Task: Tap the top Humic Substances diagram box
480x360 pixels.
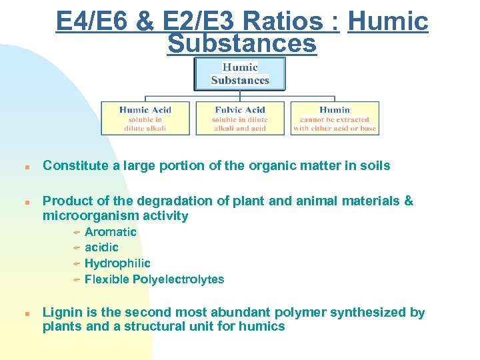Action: [x=240, y=73]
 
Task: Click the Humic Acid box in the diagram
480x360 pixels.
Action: [x=145, y=118]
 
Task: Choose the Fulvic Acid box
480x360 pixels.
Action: [x=240, y=118]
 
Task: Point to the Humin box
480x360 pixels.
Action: [x=335, y=118]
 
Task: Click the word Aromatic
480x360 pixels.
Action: [x=111, y=232]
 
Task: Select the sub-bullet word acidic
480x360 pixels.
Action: [x=101, y=247]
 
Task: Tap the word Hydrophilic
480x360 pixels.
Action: [x=117, y=263]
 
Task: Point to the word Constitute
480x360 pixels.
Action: [x=72, y=165]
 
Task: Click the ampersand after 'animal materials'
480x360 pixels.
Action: [x=409, y=201]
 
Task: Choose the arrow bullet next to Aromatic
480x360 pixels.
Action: [x=77, y=233]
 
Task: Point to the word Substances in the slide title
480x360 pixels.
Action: [x=242, y=43]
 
